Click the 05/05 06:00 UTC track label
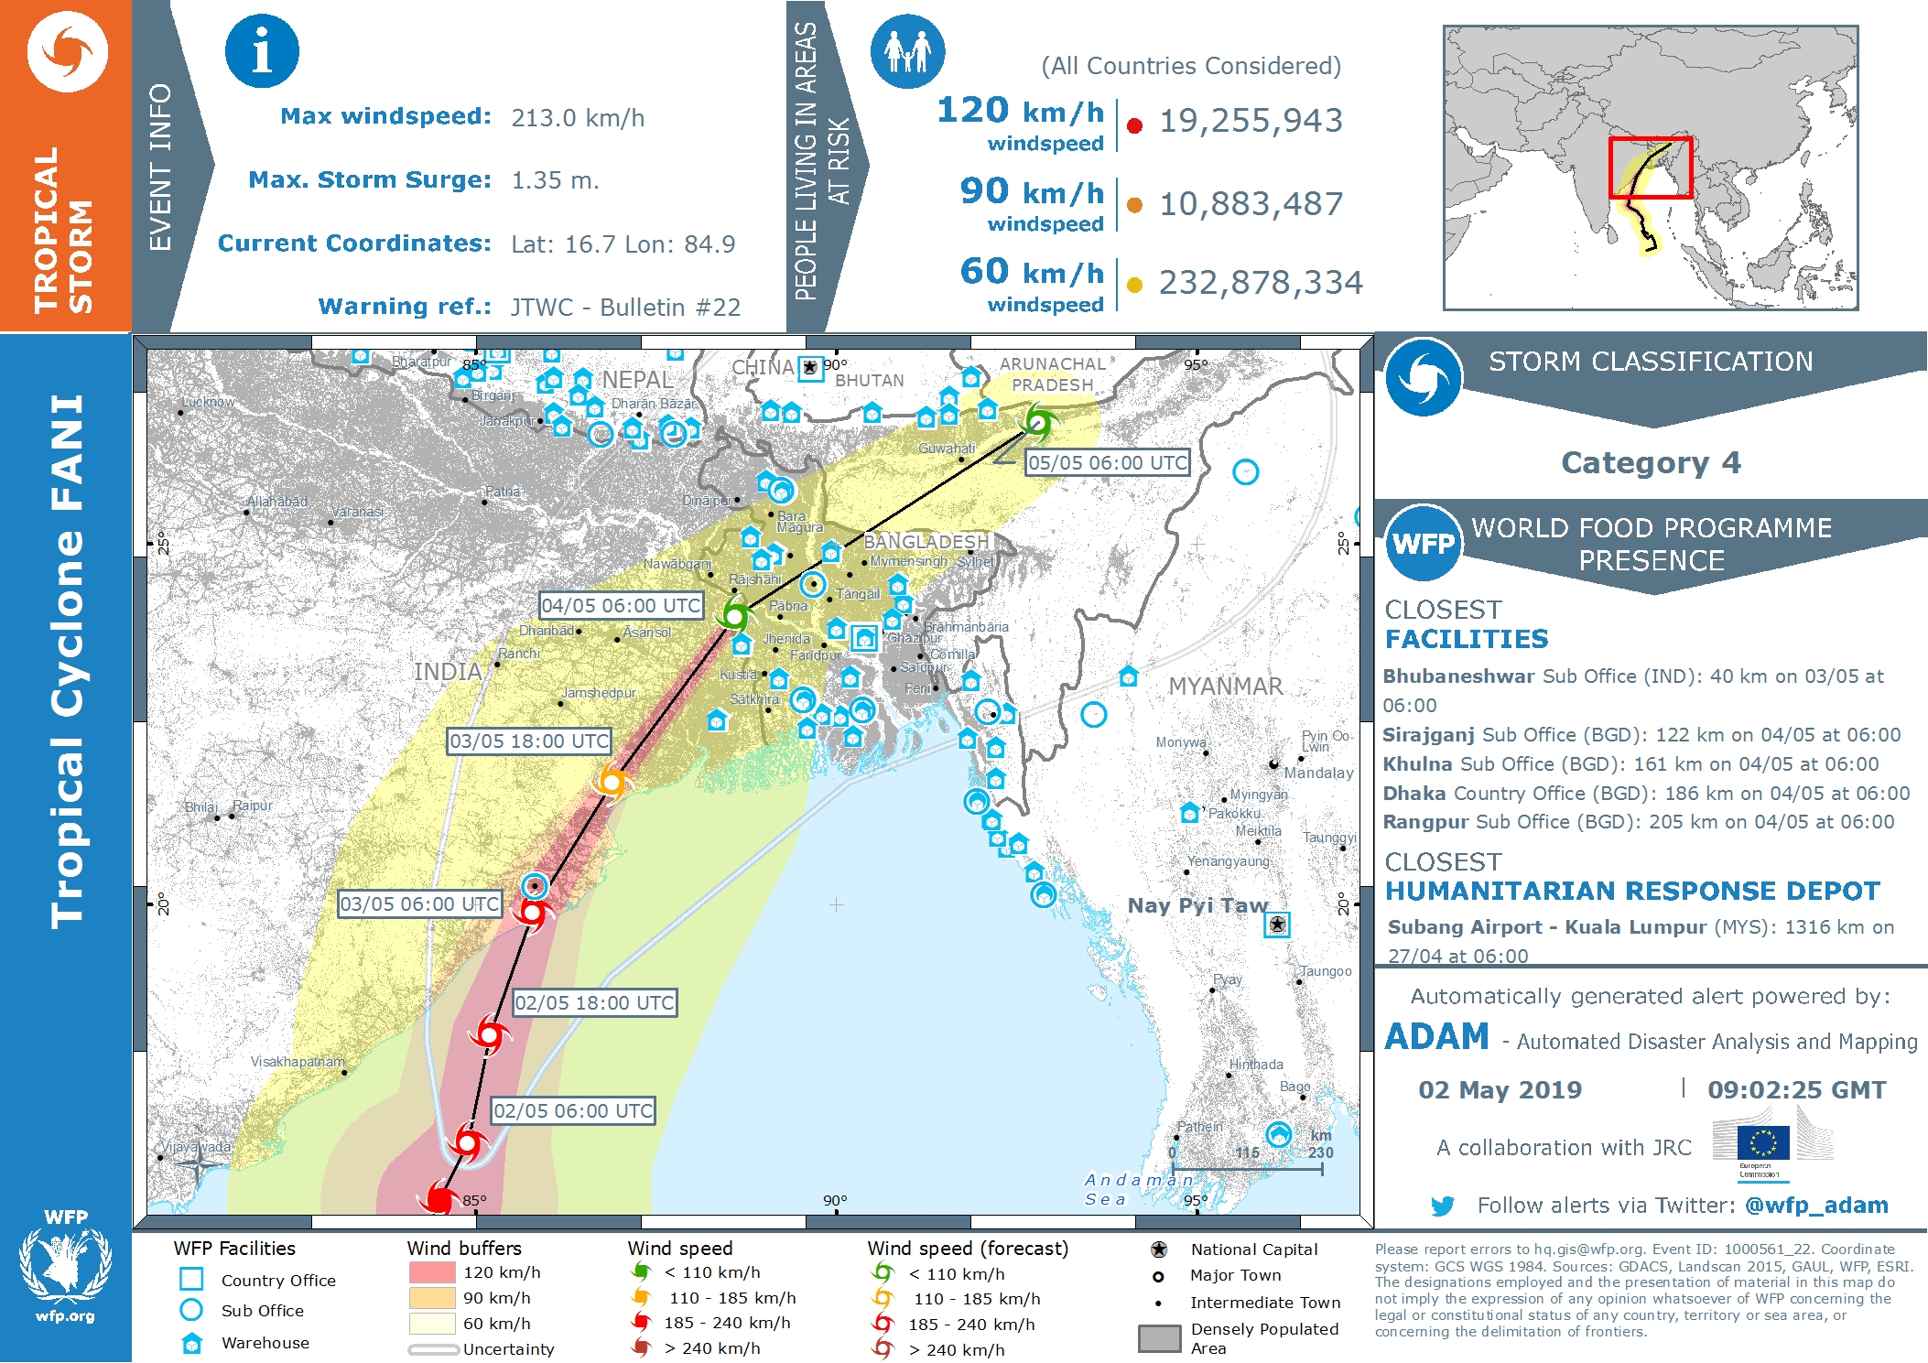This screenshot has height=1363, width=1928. (x=1107, y=463)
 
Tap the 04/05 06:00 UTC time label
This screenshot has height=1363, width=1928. (x=621, y=606)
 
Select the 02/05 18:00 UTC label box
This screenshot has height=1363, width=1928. (x=594, y=1003)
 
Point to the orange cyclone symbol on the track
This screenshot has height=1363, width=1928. (x=611, y=782)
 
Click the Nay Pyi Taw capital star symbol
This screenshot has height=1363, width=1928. (x=1277, y=925)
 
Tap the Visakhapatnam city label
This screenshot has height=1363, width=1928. (x=298, y=1062)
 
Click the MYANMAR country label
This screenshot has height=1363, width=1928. (x=1225, y=687)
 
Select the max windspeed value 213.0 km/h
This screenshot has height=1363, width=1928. (x=577, y=118)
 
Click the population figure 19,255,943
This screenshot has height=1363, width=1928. (x=1251, y=121)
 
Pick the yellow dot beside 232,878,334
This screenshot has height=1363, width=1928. (x=1134, y=285)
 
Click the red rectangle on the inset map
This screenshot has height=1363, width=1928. (x=1651, y=168)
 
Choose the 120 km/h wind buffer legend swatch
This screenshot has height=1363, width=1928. (x=432, y=1272)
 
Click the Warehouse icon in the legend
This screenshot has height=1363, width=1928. (x=191, y=1343)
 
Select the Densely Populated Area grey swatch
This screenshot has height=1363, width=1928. (x=1159, y=1338)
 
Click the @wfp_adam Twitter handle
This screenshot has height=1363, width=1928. (x=1816, y=1206)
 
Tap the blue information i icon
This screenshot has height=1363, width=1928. (x=262, y=51)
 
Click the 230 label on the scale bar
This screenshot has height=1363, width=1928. (x=1320, y=1153)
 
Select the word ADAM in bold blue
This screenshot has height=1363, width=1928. (x=1436, y=1037)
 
